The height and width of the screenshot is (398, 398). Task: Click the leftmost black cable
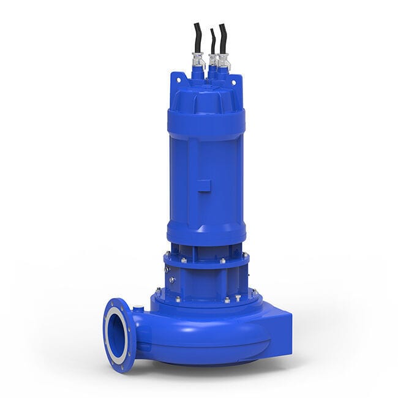(x=197, y=38)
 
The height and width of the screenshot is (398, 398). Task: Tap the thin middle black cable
(x=212, y=42)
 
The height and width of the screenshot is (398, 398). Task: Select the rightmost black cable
(x=223, y=38)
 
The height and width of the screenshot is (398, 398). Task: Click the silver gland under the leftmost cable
(x=198, y=61)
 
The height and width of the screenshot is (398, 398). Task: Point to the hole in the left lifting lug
(x=178, y=78)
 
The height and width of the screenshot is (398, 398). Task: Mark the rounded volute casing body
(x=202, y=337)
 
